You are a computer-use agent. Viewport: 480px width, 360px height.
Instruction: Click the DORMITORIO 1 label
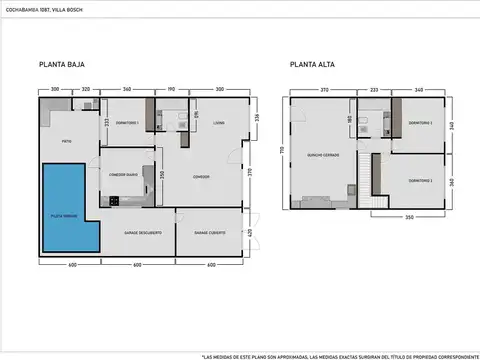[126, 122]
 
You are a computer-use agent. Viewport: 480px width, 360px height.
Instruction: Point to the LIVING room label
[218, 123]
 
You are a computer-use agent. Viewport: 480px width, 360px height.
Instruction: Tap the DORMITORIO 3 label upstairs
[420, 180]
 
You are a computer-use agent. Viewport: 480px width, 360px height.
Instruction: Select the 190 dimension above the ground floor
[171, 89]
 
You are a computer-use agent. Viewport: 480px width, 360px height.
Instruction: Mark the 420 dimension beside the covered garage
[249, 232]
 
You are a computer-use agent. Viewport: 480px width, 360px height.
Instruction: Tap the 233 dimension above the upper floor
[373, 89]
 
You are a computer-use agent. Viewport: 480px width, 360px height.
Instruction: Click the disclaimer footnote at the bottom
[340, 354]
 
